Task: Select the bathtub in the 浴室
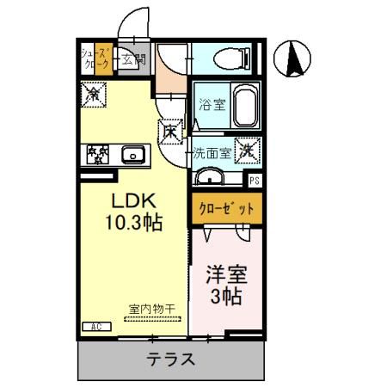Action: pos(245,107)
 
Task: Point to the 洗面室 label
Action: pos(211,154)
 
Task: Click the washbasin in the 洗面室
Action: pos(210,178)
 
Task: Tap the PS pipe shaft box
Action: pos(254,181)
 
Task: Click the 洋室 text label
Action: pos(225,278)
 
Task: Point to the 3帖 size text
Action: pos(225,298)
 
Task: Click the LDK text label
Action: pos(132,201)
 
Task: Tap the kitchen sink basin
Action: pos(132,155)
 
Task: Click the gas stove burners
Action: pos(97,155)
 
